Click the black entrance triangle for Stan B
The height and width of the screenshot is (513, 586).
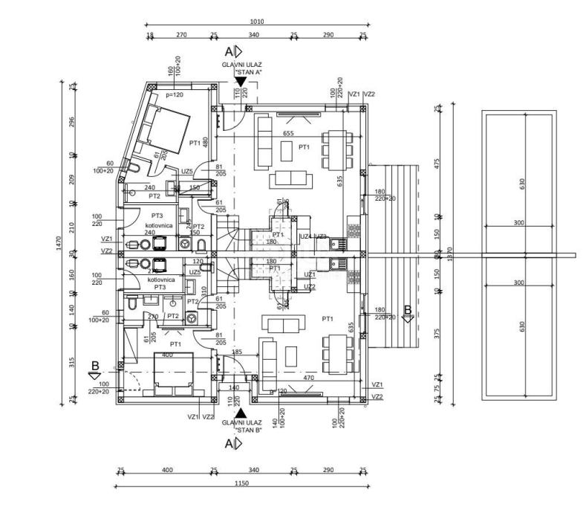coord(240,412)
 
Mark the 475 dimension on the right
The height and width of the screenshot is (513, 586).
coord(438,162)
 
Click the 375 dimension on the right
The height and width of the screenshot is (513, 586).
coord(438,334)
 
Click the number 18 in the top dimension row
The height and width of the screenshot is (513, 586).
coord(150,35)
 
